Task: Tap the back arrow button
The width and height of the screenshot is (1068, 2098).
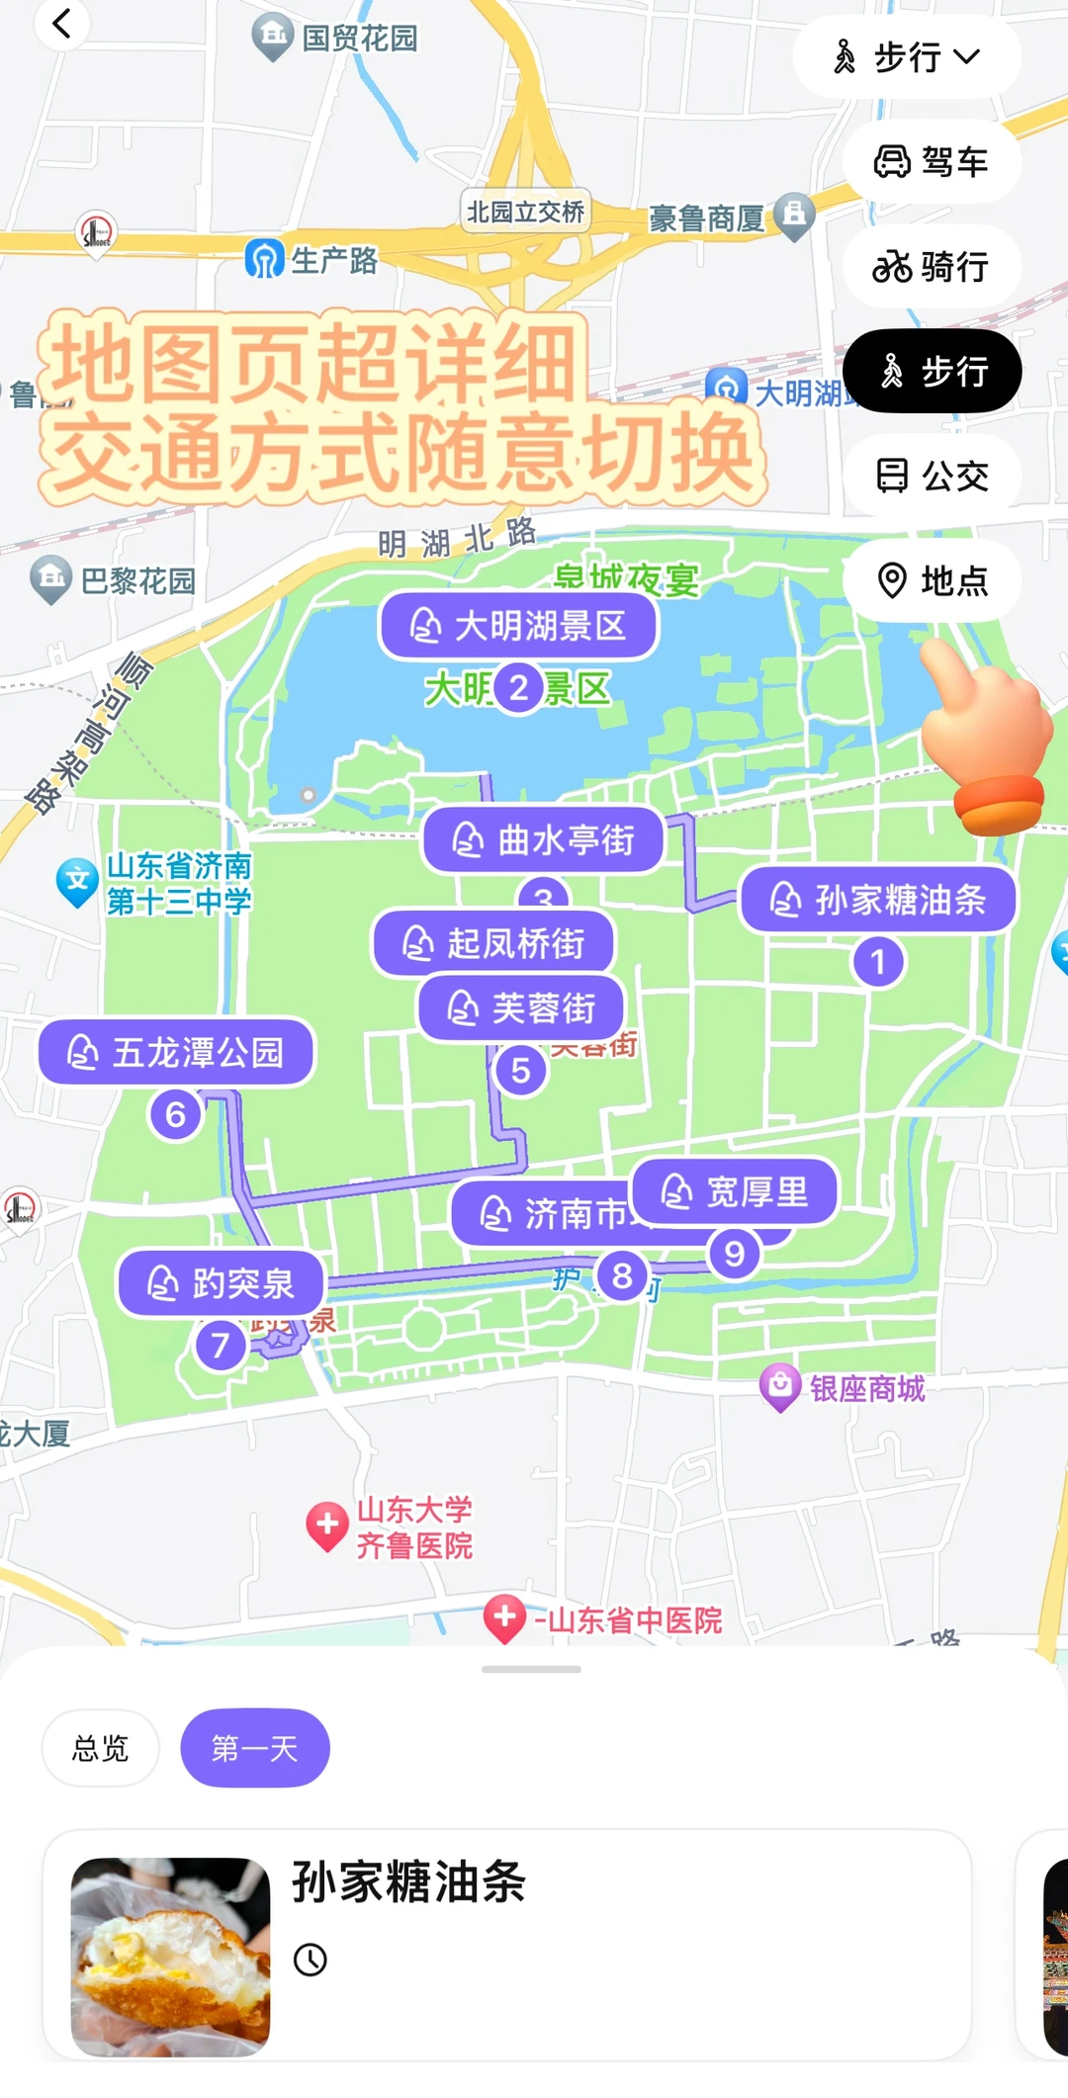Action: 61,24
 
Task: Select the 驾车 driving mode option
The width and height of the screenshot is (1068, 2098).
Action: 932,161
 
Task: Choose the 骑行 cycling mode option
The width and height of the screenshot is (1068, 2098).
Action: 932,266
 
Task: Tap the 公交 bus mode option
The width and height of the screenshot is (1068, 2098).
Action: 932,476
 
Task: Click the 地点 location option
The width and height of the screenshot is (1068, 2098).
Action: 932,580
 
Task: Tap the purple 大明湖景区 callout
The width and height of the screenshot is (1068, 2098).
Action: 519,626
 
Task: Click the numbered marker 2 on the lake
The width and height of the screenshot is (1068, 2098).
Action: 518,688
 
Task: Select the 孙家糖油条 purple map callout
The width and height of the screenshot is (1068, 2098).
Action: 878,900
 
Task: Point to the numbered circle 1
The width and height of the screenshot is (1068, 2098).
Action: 877,962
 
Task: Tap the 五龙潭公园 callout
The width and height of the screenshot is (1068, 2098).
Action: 176,1052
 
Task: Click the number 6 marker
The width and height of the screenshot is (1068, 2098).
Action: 176,1114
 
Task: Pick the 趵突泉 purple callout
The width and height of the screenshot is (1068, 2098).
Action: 222,1283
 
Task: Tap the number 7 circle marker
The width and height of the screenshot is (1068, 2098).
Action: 221,1345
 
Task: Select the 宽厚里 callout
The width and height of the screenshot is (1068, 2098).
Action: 735,1191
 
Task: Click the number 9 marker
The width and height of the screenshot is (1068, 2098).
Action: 734,1254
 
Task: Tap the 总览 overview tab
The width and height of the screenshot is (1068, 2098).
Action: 100,1748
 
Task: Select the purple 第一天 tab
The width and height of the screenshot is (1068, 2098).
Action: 254,1748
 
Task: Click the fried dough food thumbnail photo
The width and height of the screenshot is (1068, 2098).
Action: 170,1956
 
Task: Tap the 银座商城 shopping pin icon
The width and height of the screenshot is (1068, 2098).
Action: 779,1386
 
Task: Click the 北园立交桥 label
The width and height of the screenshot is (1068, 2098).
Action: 526,212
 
